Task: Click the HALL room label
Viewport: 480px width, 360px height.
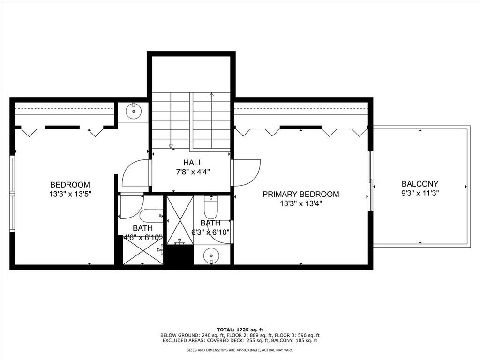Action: click(193, 162)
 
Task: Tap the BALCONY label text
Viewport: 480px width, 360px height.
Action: click(420, 184)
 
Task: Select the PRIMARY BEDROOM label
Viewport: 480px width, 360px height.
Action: click(301, 194)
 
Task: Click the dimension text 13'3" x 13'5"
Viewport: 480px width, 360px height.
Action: click(70, 194)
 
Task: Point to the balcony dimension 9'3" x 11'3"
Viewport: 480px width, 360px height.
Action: click(420, 194)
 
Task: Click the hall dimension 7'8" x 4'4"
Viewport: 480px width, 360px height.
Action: click(193, 172)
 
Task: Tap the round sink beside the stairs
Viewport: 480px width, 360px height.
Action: click(134, 111)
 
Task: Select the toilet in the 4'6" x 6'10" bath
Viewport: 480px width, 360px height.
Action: click(151, 216)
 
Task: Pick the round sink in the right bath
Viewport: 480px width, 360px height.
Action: click(210, 255)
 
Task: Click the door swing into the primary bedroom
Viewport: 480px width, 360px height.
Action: click(246, 172)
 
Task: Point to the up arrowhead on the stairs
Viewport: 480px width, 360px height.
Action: click(211, 95)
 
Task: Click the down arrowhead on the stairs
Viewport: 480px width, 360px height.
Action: click(171, 146)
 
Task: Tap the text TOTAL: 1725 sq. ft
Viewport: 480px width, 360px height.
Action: click(240, 330)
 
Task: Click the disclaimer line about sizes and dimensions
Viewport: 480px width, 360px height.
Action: click(240, 350)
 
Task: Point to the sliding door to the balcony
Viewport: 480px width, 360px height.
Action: click(370, 181)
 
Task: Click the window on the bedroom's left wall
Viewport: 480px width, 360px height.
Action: click(12, 194)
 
